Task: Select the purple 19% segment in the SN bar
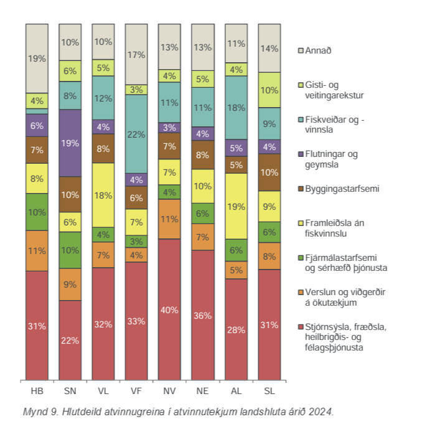click(70, 143)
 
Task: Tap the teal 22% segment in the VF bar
click(136, 134)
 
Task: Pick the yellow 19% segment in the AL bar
click(236, 206)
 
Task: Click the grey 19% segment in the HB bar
click(37, 59)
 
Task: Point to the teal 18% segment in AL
click(236, 107)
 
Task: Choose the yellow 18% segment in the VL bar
click(103, 195)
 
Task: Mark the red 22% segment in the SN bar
click(70, 340)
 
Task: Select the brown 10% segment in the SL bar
click(270, 172)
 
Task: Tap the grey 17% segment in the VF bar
click(136, 54)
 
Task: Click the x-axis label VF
click(136, 392)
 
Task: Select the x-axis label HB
click(37, 392)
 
